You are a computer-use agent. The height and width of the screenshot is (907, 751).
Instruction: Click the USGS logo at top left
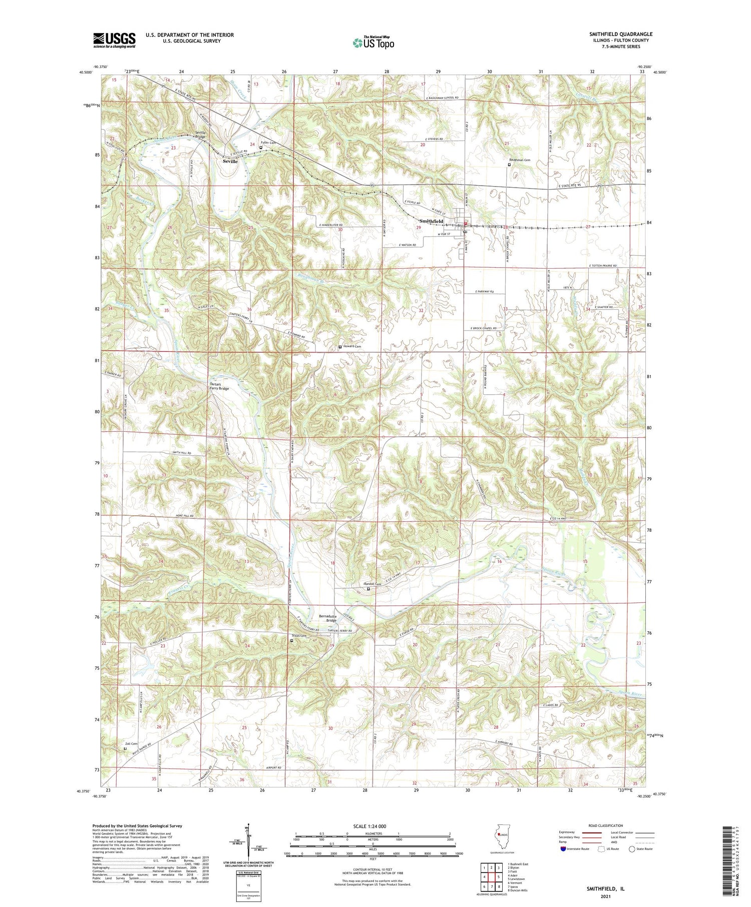(114, 40)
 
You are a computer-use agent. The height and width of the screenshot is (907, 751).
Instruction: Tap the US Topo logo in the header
(373, 43)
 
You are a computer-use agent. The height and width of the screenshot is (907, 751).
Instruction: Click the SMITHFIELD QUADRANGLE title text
(620, 34)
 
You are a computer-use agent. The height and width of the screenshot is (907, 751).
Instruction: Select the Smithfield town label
(432, 221)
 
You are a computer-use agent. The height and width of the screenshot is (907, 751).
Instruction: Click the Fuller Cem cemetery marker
(261, 147)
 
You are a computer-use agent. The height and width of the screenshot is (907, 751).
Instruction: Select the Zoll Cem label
(131, 743)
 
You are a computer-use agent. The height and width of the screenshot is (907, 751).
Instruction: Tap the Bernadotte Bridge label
(328, 618)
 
